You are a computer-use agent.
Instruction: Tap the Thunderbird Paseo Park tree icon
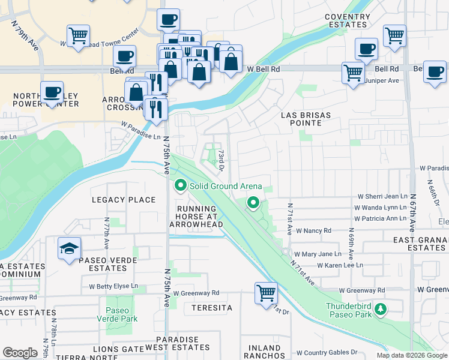pyautogui.click(x=380, y=310)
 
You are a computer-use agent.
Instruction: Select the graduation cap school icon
pyautogui.click(x=70, y=248)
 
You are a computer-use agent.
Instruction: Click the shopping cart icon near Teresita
pyautogui.click(x=266, y=293)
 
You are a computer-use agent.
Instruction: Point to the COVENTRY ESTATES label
pyautogui.click(x=346, y=21)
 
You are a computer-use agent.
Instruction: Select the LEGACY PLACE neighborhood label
pyautogui.click(x=123, y=200)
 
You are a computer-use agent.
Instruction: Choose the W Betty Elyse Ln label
pyautogui.click(x=113, y=286)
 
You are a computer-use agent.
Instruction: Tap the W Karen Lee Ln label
pyautogui.click(x=340, y=265)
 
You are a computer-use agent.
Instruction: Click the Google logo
pyautogui.click(x=20, y=353)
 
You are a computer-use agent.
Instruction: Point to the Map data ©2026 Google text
pyautogui.click(x=411, y=355)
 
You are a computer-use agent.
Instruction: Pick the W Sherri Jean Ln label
pyautogui.click(x=382, y=196)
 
